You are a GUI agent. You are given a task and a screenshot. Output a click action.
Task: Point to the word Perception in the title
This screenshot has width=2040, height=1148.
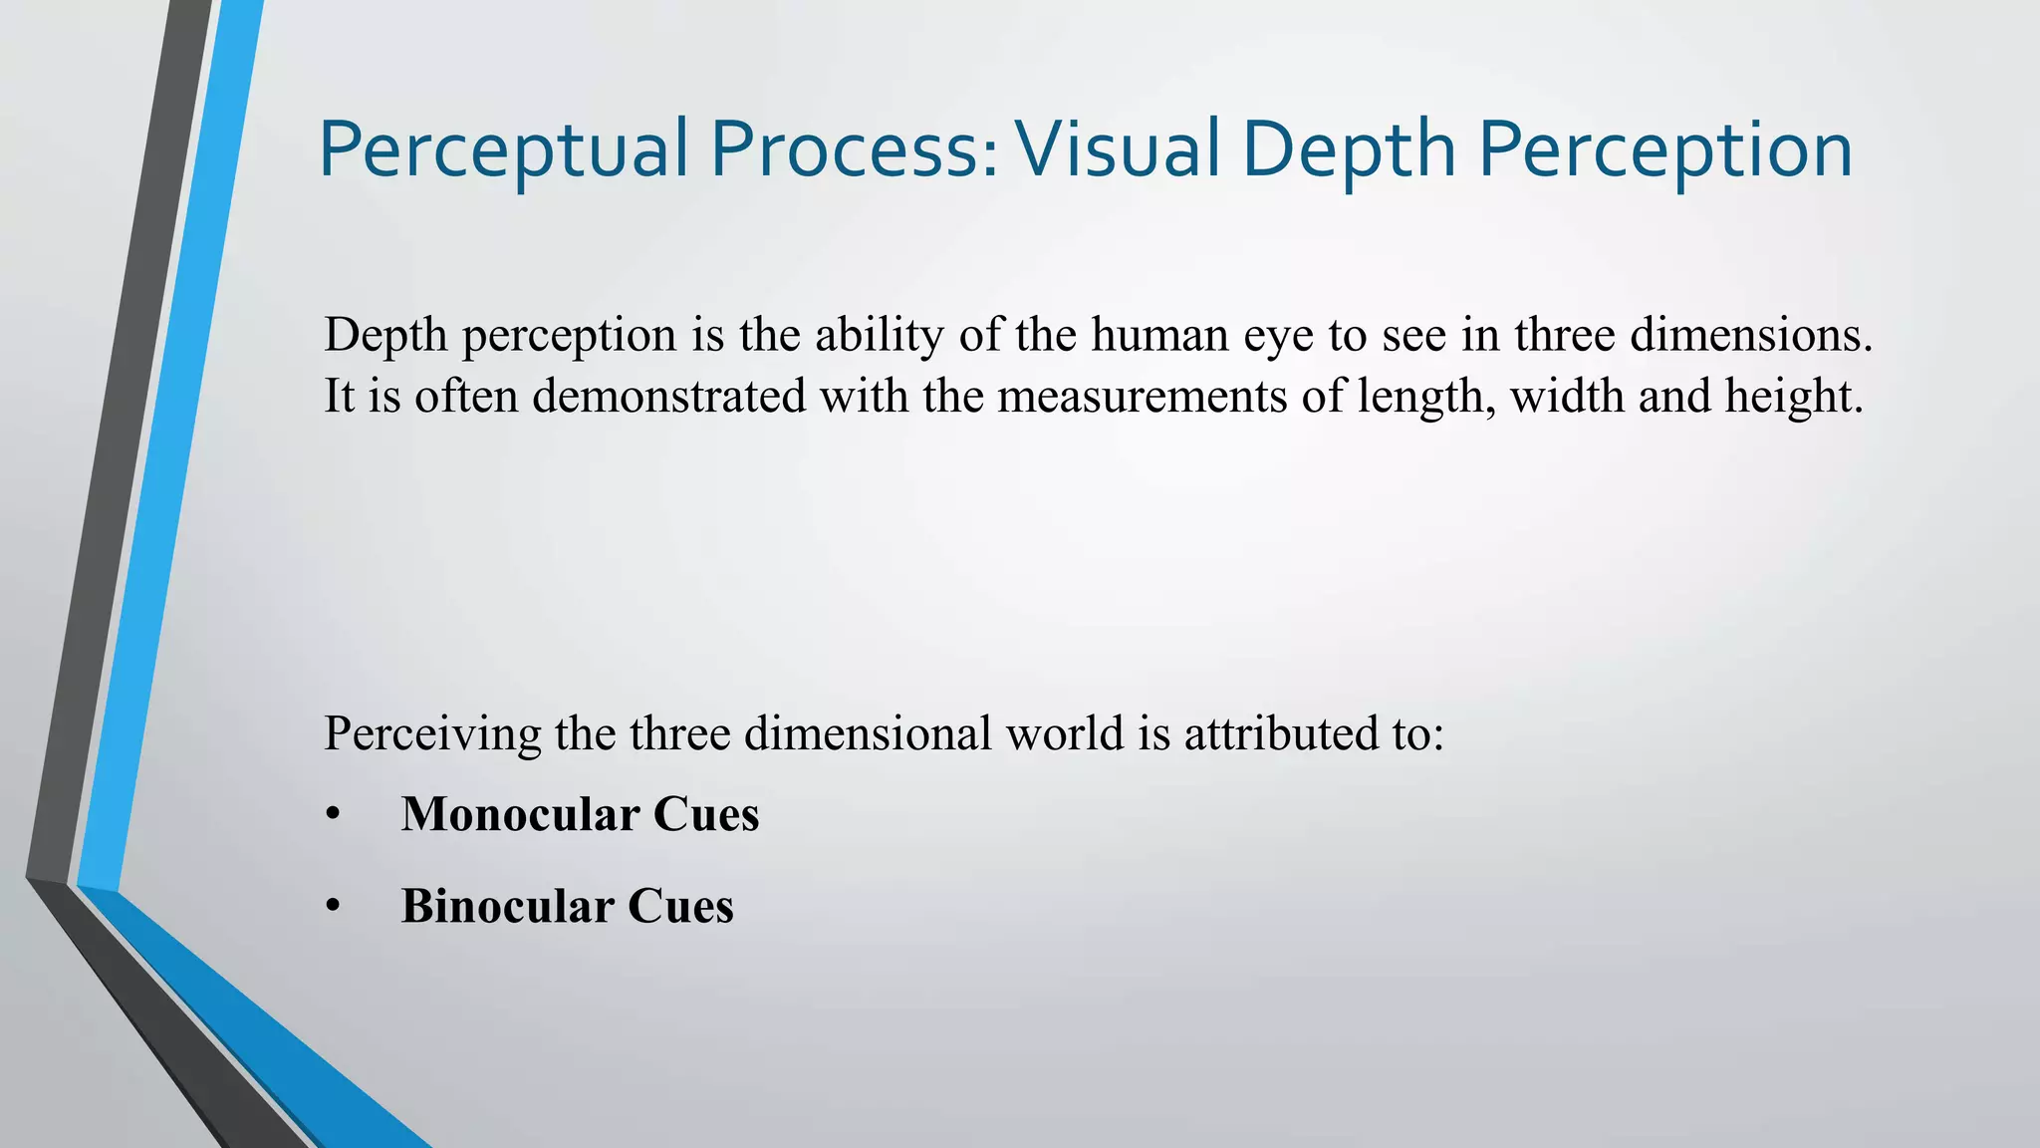click(x=1664, y=150)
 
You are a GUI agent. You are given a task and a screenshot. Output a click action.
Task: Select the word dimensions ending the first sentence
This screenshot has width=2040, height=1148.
click(x=1751, y=335)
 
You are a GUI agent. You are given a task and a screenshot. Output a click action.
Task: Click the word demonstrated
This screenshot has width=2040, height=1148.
click(x=669, y=396)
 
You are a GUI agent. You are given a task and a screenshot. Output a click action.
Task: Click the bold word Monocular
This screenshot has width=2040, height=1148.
click(x=520, y=815)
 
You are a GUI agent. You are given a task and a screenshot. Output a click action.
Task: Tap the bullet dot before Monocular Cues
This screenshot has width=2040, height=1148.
click(x=333, y=816)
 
